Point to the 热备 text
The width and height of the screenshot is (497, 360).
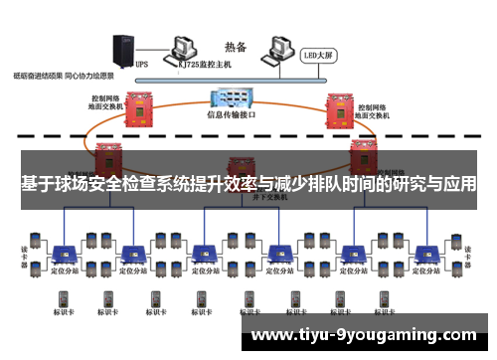[236, 45]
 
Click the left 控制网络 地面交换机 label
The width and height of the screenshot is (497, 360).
[107, 102]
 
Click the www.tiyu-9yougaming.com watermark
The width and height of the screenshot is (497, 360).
[364, 335]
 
